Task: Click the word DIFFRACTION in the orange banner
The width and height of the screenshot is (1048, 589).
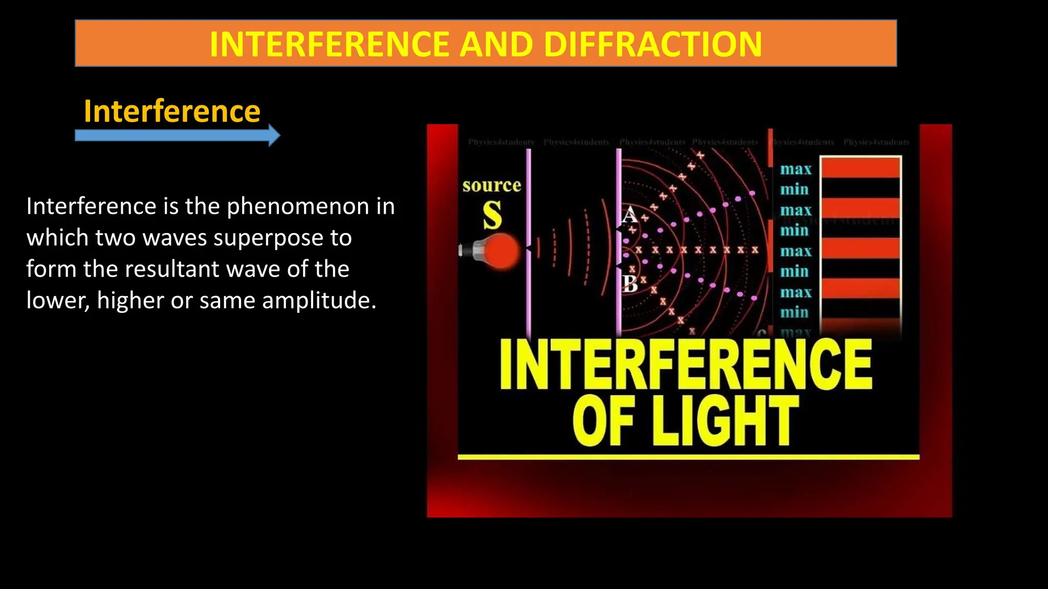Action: [x=652, y=44]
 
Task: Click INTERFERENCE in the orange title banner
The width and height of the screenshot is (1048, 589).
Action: [x=331, y=44]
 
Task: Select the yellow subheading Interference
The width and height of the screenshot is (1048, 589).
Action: [x=172, y=111]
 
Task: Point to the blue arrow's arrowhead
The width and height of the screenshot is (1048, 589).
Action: [x=274, y=135]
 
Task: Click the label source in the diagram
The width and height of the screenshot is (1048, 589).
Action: [x=492, y=185]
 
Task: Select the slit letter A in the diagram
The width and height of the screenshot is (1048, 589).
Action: [x=629, y=215]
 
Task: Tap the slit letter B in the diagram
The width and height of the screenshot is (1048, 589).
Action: [x=630, y=283]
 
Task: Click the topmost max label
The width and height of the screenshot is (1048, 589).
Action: [x=796, y=169]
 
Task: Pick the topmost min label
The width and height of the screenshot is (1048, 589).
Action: [x=794, y=190]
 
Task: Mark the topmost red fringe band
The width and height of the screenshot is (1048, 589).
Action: [x=861, y=168]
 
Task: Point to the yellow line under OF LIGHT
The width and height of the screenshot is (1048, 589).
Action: [x=688, y=457]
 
